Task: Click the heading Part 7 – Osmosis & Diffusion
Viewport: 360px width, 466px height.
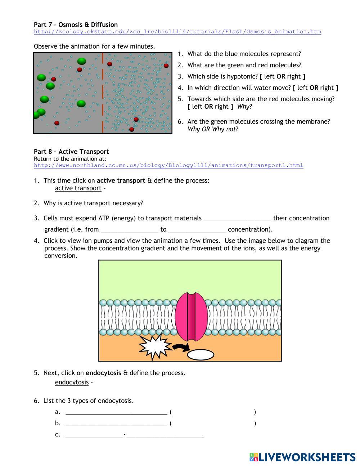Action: tap(76, 24)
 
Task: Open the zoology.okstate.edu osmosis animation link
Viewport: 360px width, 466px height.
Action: tap(177, 32)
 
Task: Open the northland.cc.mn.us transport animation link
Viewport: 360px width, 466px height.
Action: tap(168, 166)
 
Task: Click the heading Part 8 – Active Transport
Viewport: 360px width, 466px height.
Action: tap(71, 152)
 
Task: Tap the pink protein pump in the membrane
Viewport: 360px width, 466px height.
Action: tap(191, 317)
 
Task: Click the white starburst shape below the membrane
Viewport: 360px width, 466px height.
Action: tap(154, 346)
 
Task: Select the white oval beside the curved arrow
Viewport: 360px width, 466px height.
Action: tap(201, 355)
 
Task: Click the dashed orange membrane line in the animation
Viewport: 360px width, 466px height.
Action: tap(103, 93)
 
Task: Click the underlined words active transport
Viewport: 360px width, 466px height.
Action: tap(78, 188)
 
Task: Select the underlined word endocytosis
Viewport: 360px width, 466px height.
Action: tap(72, 382)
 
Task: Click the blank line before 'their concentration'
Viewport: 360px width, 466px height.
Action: tap(237, 218)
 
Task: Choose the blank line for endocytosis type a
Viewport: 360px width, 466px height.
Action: tap(116, 412)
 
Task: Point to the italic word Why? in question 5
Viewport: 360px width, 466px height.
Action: tap(244, 107)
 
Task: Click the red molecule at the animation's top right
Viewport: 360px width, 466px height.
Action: tap(166, 66)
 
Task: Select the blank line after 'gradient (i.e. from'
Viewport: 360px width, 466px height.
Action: tap(130, 229)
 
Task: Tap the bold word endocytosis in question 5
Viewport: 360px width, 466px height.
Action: tap(103, 373)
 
